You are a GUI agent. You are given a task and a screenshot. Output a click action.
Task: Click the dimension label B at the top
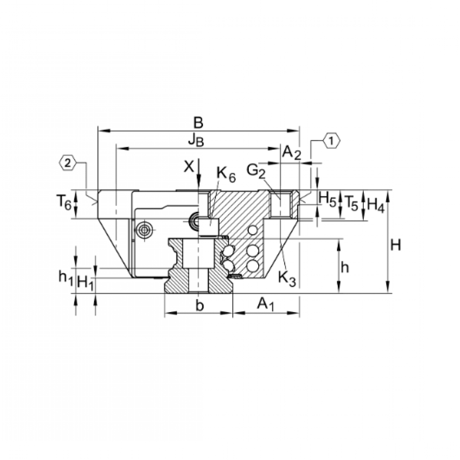pyautogui.click(x=198, y=123)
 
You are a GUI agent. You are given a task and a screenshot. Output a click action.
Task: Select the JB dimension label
pyautogui.click(x=196, y=140)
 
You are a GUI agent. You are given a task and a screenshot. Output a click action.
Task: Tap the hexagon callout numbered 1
pyautogui.click(x=332, y=141)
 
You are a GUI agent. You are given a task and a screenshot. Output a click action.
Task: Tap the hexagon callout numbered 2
pyautogui.click(x=67, y=163)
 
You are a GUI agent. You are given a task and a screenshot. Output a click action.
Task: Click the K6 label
pyautogui.click(x=226, y=174)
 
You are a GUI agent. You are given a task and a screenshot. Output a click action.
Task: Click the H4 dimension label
pyautogui.click(x=375, y=203)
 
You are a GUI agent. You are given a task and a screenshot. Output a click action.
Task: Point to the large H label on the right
pyautogui.click(x=396, y=245)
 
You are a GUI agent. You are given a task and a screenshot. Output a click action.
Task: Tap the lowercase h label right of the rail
pyautogui.click(x=345, y=268)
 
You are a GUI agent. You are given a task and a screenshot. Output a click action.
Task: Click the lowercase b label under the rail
pyautogui.click(x=199, y=306)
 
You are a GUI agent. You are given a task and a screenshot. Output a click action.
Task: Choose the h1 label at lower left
pyautogui.click(x=65, y=277)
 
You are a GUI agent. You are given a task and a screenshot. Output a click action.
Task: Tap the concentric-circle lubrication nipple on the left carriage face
pyautogui.click(x=145, y=230)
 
